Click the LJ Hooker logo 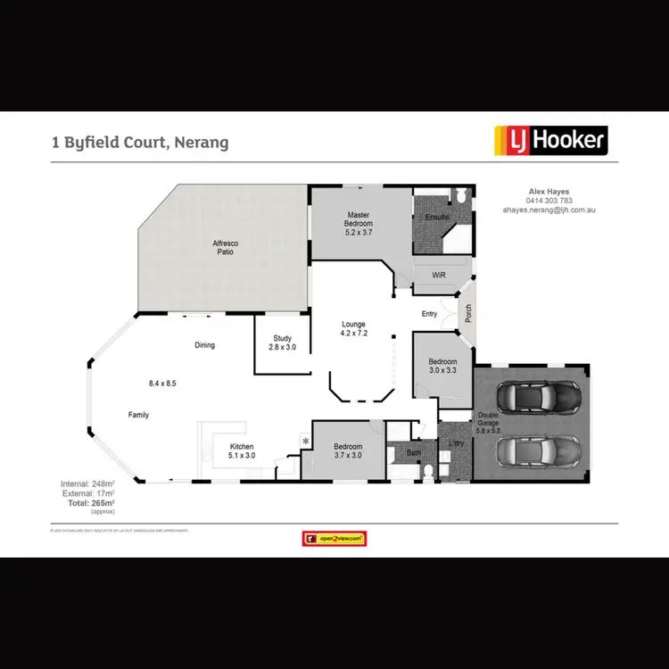click(x=551, y=140)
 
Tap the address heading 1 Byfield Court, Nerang click(x=140, y=142)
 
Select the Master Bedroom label click(x=359, y=223)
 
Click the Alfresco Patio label click(x=224, y=247)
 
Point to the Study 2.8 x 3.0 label click(x=283, y=343)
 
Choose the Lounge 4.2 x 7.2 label click(x=355, y=328)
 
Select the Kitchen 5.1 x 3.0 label click(x=243, y=450)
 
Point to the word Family click(x=138, y=415)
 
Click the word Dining click(x=205, y=345)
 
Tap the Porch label click(x=467, y=314)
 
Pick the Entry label click(x=430, y=314)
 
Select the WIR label click(x=438, y=276)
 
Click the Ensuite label click(x=436, y=217)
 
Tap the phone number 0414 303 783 click(x=549, y=201)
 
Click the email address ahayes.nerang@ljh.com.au click(x=549, y=210)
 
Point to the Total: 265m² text click(x=89, y=504)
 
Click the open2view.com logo click(x=334, y=539)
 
